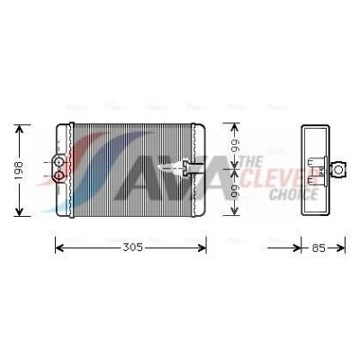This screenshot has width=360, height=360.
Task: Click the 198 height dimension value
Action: (19, 170)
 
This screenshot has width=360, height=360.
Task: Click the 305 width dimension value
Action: (132, 247)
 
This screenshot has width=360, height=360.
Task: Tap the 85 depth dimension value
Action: (319, 248)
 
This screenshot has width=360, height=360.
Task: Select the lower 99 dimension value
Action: (235, 192)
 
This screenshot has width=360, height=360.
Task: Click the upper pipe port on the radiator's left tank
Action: (59, 162)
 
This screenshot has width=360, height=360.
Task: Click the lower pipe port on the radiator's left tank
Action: (59, 175)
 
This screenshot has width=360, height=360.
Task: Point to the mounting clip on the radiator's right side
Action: (192, 168)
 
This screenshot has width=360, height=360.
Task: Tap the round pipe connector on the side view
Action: (339, 169)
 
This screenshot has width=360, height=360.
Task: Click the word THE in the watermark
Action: (251, 162)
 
